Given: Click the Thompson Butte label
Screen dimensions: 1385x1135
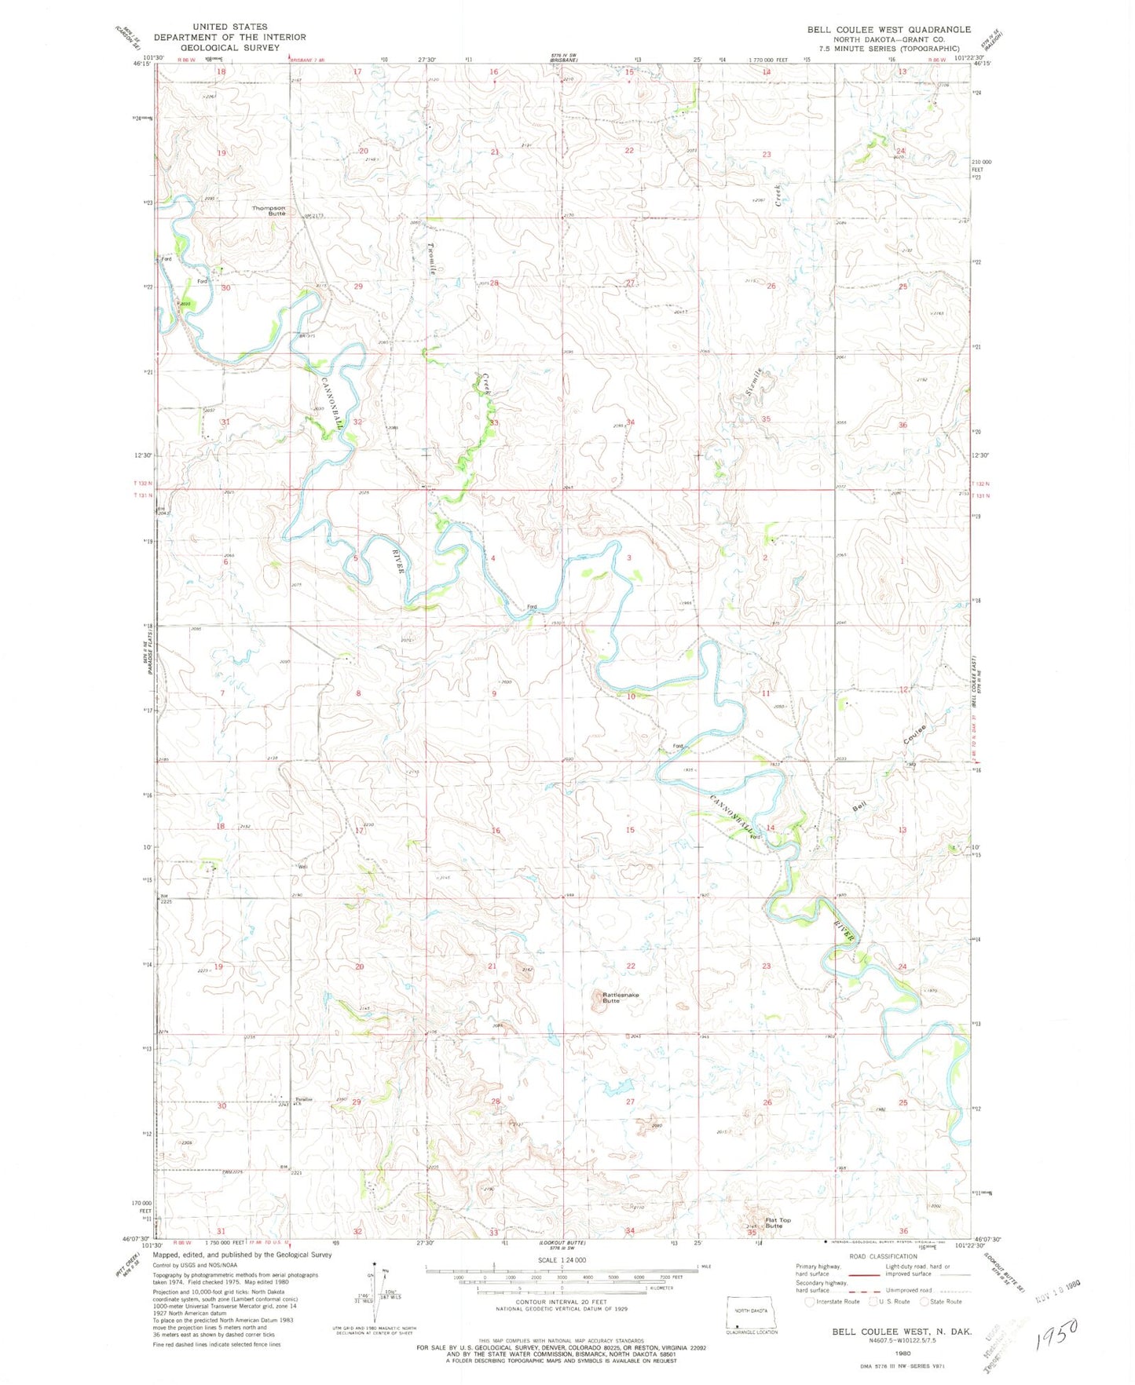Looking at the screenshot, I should (x=269, y=210).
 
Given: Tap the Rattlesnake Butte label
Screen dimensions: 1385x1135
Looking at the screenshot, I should (x=620, y=998).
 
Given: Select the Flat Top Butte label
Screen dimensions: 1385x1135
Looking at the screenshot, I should (x=774, y=1223).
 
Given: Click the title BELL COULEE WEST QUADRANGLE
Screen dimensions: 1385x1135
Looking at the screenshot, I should (x=888, y=29).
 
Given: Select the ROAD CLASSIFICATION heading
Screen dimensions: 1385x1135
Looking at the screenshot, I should (x=884, y=1256).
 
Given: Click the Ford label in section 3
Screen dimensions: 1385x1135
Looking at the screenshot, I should (x=532, y=607).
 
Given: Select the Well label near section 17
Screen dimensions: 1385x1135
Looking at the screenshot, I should (x=302, y=867).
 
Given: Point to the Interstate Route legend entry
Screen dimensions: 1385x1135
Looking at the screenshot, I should (x=833, y=1301).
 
